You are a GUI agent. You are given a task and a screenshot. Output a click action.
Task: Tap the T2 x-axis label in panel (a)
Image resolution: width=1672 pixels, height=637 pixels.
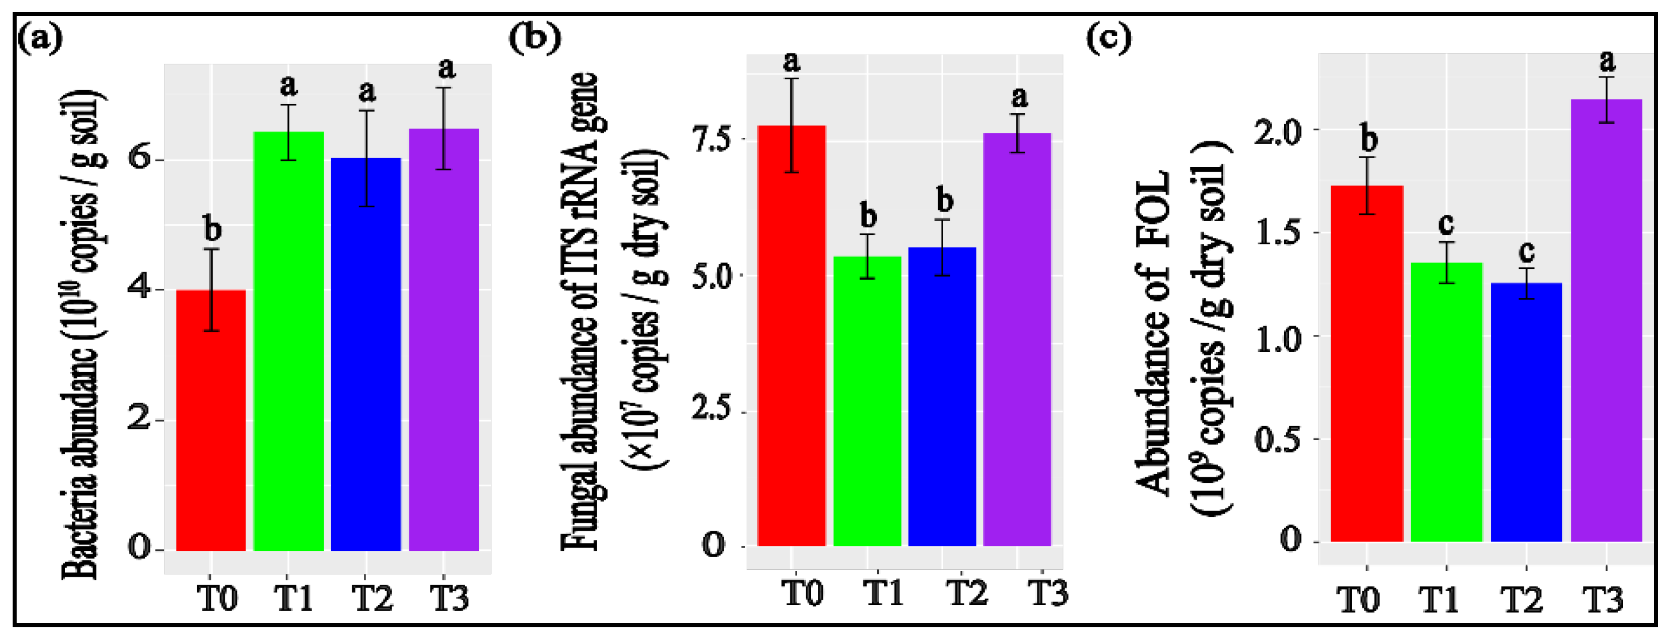[x=372, y=597]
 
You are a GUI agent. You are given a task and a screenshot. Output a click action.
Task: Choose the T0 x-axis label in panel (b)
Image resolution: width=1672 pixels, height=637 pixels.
[x=802, y=592]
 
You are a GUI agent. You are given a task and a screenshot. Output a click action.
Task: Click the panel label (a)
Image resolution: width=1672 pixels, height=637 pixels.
[x=40, y=39]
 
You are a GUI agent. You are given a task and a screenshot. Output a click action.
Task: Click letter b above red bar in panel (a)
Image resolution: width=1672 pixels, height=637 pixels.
[x=212, y=229]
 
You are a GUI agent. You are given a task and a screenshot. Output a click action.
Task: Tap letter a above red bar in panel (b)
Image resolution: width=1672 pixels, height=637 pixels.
[x=791, y=61]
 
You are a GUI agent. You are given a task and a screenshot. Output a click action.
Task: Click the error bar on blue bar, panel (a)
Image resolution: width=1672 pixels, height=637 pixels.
[x=367, y=159]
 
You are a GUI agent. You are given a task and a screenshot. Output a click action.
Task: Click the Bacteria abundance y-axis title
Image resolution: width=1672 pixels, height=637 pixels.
[x=82, y=334]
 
